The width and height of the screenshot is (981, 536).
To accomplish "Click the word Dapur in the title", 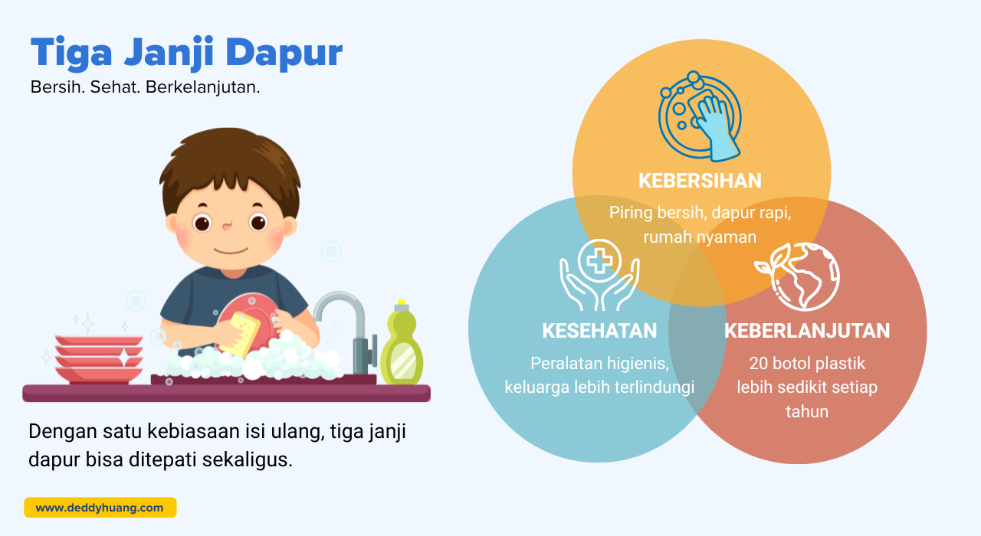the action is coord(284,54).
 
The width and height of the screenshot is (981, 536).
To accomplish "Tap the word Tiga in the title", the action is coord(71,54).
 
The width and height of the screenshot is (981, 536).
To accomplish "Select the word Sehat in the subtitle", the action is coord(115,87).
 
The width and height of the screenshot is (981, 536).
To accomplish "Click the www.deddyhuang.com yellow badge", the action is coord(100,508).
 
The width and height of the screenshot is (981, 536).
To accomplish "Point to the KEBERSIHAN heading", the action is coord(700,181).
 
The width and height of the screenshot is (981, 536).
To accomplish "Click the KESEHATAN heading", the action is coord(599,331).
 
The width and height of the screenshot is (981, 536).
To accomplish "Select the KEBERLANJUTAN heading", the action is coord(807,331).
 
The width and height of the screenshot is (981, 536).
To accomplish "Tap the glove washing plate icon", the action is coord(700,116).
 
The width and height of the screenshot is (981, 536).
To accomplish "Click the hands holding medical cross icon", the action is coord(599,275).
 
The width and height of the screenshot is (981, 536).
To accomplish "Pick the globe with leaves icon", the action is coord(797,276).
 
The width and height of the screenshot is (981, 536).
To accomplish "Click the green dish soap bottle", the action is coord(402,343).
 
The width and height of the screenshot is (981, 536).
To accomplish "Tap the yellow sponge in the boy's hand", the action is coord(241,334).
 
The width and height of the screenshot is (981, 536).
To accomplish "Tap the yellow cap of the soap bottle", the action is coord(401,302).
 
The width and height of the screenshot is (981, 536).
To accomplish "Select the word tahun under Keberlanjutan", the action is coord(807,412).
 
